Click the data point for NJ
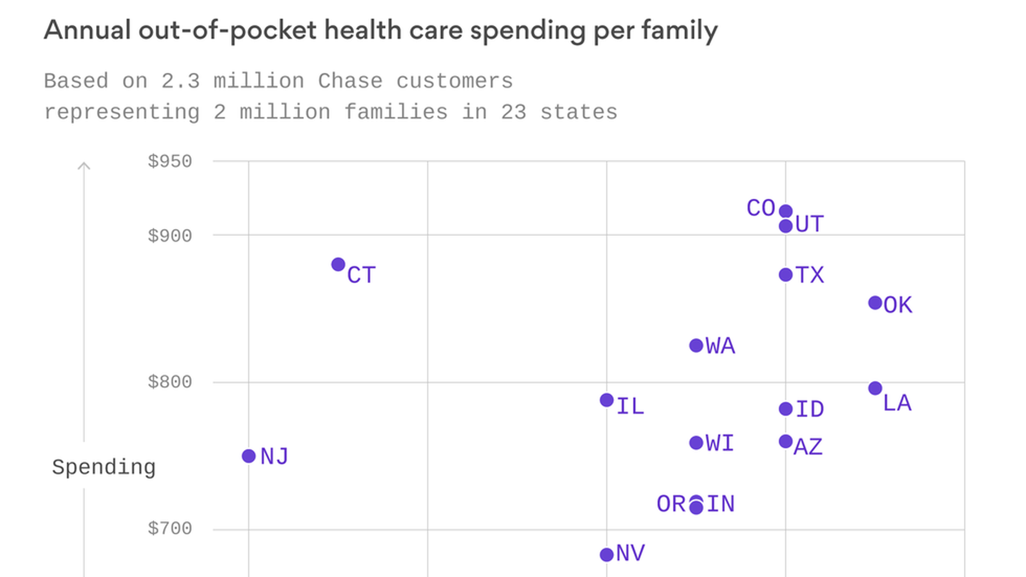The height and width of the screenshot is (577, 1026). click(x=248, y=456)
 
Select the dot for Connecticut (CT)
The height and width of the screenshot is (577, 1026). click(x=338, y=264)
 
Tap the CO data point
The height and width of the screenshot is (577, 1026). click(x=786, y=211)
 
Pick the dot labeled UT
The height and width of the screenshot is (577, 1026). click(x=786, y=226)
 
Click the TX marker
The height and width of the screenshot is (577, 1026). click(x=786, y=275)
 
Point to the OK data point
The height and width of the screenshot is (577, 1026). click(x=875, y=303)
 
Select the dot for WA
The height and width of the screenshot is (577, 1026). click(x=696, y=346)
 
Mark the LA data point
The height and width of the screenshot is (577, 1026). click(x=875, y=388)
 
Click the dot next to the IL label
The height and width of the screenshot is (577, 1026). click(x=607, y=400)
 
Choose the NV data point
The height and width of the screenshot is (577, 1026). click(x=607, y=555)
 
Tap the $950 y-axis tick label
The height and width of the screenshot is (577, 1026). click(x=169, y=161)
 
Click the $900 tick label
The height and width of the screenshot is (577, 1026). click(x=169, y=236)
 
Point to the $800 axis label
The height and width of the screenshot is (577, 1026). click(x=169, y=382)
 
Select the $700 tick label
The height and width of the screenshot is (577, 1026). click(x=169, y=528)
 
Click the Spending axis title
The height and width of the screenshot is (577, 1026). click(x=104, y=467)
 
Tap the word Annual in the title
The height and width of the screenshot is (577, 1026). click(x=87, y=30)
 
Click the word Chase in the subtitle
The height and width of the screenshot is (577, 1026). click(x=350, y=81)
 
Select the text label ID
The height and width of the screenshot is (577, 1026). click(x=810, y=409)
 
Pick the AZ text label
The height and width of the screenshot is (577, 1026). click(x=808, y=447)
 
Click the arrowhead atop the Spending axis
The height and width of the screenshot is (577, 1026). click(x=84, y=166)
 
